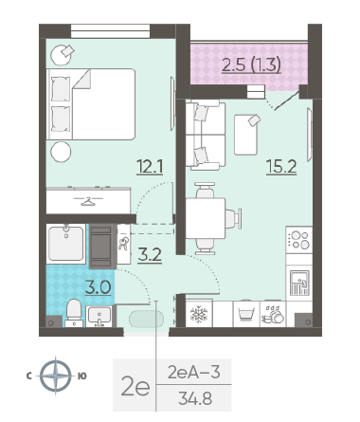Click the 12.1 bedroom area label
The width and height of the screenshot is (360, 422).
(x=150, y=167)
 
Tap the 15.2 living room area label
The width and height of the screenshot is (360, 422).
(x=281, y=167)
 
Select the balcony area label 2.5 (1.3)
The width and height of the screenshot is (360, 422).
(x=251, y=65)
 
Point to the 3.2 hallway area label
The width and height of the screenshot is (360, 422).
(x=150, y=255)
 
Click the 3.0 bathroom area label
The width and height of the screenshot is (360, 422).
(x=99, y=287)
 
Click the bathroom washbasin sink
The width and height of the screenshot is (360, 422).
(x=99, y=316)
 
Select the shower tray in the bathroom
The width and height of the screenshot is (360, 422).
(x=66, y=244)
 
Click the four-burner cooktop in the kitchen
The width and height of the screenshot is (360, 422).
(x=299, y=240)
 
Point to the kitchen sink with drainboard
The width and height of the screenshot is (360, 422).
(x=299, y=283)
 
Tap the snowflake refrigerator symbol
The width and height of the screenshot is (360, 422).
(x=199, y=314)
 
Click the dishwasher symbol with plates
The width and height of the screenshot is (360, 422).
(x=273, y=315)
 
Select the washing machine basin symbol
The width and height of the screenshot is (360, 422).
(x=246, y=314)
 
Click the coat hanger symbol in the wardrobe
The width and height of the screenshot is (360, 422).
(x=88, y=201)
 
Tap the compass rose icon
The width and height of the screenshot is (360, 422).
(x=56, y=376)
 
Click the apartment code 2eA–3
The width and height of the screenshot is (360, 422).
(x=193, y=372)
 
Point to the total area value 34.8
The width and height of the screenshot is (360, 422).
(x=195, y=398)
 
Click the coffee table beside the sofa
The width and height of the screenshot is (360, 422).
(x=245, y=135)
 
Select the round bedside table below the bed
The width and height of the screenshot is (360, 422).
(x=61, y=152)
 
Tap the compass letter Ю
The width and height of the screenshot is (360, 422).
(x=81, y=376)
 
